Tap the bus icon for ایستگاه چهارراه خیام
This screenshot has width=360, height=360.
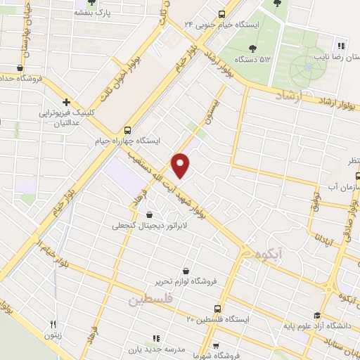(x=127, y=129)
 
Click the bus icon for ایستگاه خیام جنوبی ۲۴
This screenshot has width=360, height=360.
(x=222, y=13)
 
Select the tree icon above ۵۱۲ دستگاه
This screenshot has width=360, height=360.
(x=251, y=49)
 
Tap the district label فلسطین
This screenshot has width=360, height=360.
(x=150, y=300)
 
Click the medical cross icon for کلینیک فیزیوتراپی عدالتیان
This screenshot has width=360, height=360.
(x=65, y=102)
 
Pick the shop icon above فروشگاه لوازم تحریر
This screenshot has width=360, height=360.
(x=186, y=271)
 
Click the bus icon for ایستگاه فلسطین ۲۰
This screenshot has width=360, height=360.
(x=216, y=308)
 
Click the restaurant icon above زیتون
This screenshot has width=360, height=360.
(x=53, y=324)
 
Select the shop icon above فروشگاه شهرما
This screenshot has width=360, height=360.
(x=216, y=345)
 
